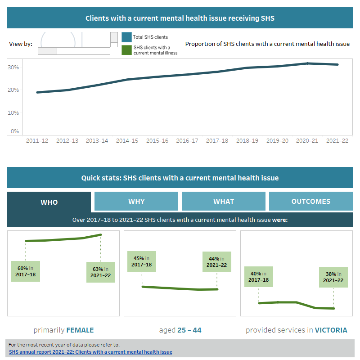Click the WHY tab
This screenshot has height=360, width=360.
coord(136,201)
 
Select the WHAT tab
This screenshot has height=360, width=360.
coord(224,201)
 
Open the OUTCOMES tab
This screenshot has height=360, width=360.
coord(311,201)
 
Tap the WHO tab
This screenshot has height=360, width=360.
coord(49,202)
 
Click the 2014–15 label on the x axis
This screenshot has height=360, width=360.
coord(127,141)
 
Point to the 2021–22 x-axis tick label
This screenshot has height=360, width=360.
coord(337,141)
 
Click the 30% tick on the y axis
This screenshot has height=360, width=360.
coord(13,67)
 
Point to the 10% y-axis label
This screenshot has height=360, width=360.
coord(13,112)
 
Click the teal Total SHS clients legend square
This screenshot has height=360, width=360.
coord(126,37)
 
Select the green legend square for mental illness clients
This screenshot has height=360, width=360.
coord(126,50)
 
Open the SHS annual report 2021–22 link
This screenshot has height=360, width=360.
coord(90,352)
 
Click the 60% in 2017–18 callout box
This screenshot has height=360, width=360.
coord(26,271)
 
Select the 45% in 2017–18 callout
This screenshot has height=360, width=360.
coord(142,261)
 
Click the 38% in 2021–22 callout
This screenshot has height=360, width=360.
coord(333,277)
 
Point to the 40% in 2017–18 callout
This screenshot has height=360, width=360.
coord(259,277)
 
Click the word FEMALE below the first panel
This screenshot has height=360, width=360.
coord(80,330)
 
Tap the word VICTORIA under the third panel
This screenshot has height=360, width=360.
coord(331,330)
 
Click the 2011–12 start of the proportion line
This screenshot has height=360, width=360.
coord(37,92)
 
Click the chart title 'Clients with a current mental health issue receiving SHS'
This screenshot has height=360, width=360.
coord(180,18)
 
